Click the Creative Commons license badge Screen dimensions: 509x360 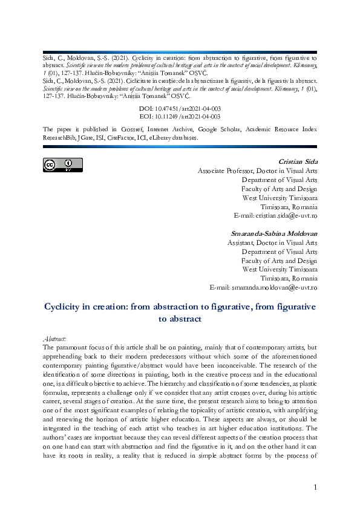pyautogui.click(x=62, y=164)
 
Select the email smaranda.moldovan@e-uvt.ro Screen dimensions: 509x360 pyautogui.click(x=263, y=287)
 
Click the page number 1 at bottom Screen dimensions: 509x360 pyautogui.click(x=315, y=487)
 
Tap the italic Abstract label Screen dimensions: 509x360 pyautogui.click(x=56, y=340)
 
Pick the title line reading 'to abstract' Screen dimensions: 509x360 pyautogui.click(x=180, y=319)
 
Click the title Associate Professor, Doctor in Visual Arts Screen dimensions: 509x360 pyautogui.click(x=258, y=171)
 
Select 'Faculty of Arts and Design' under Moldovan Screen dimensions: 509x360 pyautogui.click(x=279, y=261)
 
